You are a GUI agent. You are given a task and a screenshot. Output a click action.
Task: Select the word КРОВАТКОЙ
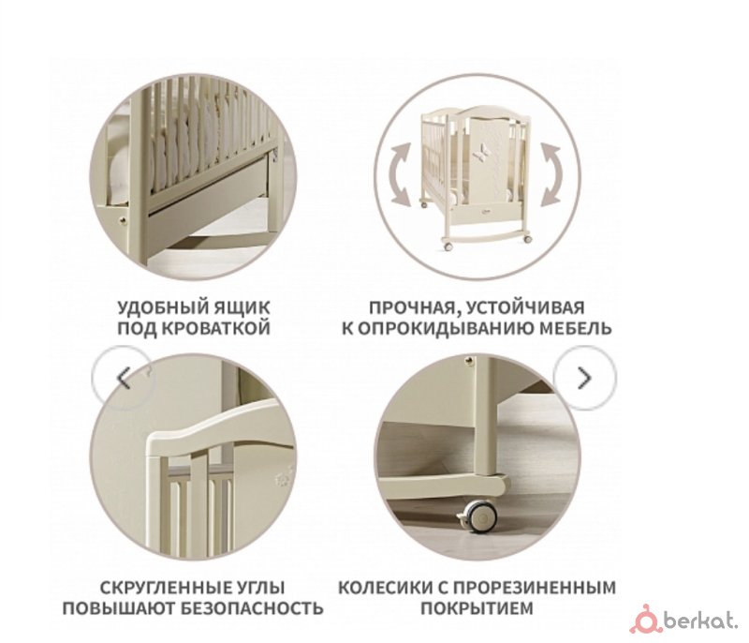point(217,329)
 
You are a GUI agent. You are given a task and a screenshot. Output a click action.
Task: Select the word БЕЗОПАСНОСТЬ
point(252,608)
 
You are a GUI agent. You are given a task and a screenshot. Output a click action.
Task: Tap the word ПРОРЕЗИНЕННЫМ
point(534,588)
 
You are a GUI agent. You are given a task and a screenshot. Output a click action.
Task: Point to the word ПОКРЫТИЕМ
point(477,608)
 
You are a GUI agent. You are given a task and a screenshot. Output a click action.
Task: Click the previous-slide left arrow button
point(123,378)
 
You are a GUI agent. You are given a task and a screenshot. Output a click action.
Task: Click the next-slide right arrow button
point(584,378)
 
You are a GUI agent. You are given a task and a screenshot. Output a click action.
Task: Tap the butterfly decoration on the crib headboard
point(477,153)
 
